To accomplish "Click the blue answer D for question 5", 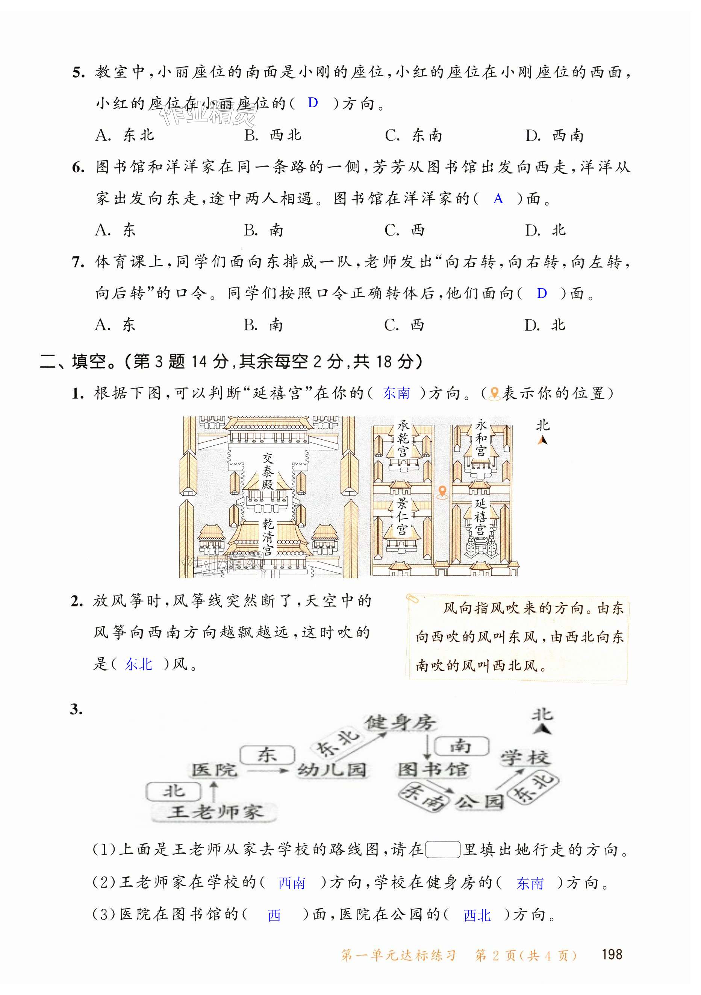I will tap(313, 103).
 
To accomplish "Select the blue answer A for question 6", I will tap(498, 199).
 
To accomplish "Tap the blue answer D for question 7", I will tap(542, 293).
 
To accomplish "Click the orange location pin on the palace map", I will tap(442, 492).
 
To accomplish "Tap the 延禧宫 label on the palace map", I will tap(480, 516).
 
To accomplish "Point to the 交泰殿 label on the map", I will tap(268, 471).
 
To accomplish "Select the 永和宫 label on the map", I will tap(481, 438).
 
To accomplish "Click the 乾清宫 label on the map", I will tap(268, 537).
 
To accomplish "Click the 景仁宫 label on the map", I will tap(402, 516).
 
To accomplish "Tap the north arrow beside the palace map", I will tap(542, 440).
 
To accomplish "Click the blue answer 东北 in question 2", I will tap(139, 664).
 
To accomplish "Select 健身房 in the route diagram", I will tap(400, 722).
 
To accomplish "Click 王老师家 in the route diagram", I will tap(215, 812).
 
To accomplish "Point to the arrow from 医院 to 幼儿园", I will tap(267, 770).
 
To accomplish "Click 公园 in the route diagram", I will tap(480, 802).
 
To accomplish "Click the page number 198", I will tap(612, 954).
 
